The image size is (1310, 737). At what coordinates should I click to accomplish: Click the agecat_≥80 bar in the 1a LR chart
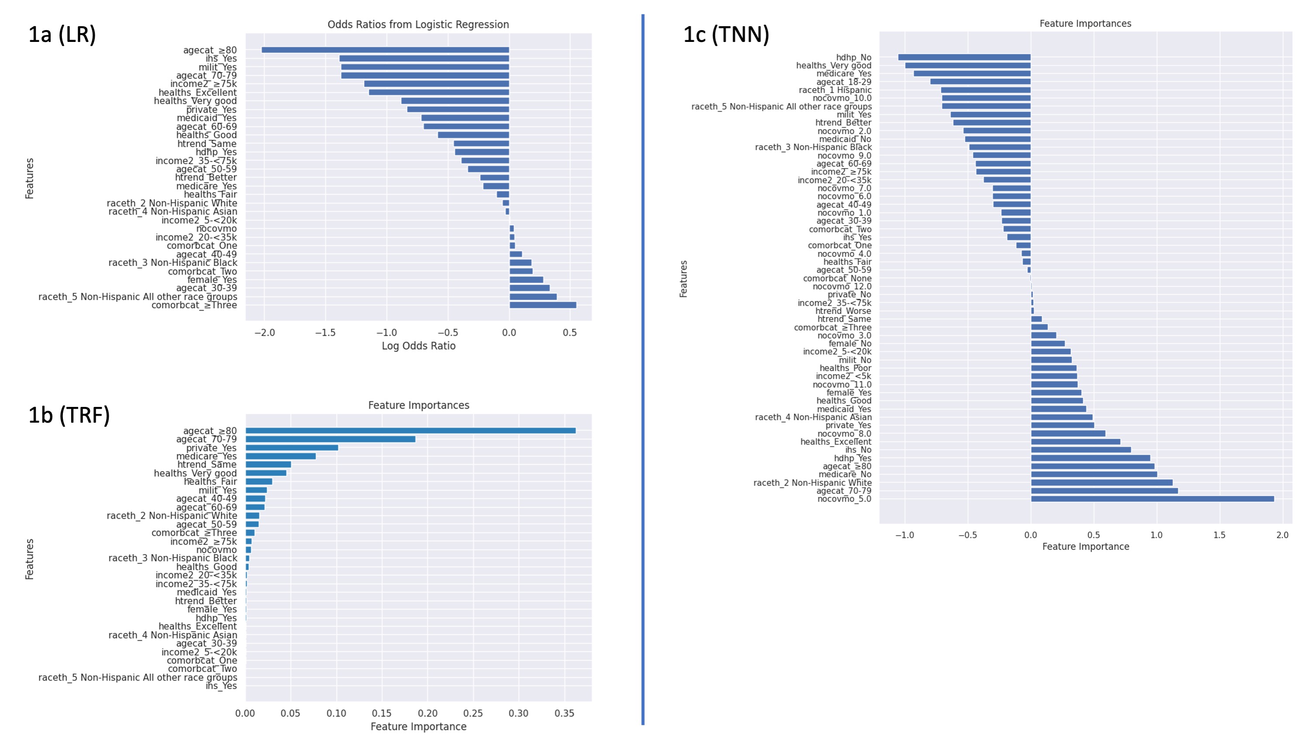click(385, 50)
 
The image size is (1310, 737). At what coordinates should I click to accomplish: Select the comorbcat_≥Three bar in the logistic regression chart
click(543, 305)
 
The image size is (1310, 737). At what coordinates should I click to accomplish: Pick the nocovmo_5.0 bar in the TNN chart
click(1152, 499)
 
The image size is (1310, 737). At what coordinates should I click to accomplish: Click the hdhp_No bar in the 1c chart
click(964, 58)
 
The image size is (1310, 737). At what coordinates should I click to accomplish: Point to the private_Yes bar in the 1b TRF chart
click(292, 448)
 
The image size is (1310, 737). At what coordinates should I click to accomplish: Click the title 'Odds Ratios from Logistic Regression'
click(418, 24)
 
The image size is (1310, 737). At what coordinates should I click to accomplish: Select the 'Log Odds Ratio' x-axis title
click(419, 346)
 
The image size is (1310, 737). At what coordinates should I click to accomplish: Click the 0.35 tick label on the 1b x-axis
click(564, 713)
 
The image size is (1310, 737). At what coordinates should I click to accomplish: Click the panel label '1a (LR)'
click(62, 34)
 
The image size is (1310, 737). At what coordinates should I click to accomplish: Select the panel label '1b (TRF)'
click(69, 415)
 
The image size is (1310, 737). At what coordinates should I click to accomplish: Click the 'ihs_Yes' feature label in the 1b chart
click(221, 685)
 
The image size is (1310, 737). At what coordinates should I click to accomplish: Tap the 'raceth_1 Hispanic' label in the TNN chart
click(835, 90)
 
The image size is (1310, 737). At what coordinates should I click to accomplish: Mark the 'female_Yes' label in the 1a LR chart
click(212, 280)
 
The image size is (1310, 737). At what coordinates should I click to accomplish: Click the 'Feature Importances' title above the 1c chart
click(1085, 24)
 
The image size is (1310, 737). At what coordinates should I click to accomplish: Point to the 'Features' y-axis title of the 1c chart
click(684, 279)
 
